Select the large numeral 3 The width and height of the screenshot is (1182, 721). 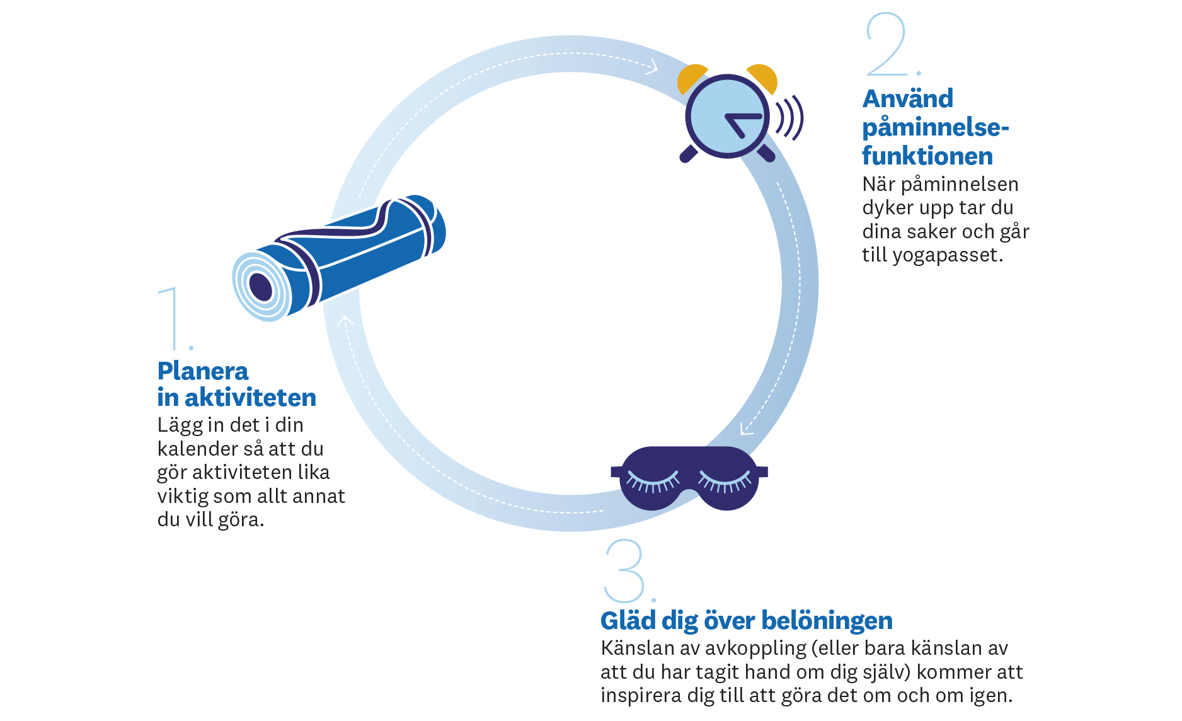point(624,570)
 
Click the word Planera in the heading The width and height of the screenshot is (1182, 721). point(202,371)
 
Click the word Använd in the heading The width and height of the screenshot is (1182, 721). point(907,99)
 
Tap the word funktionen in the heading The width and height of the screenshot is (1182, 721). point(927,156)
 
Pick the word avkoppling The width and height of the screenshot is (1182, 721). point(747,649)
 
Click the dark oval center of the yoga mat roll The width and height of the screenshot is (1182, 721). point(261,287)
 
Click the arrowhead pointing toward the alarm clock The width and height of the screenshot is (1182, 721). point(653,66)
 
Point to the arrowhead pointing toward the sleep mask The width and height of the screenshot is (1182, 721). point(747,429)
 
